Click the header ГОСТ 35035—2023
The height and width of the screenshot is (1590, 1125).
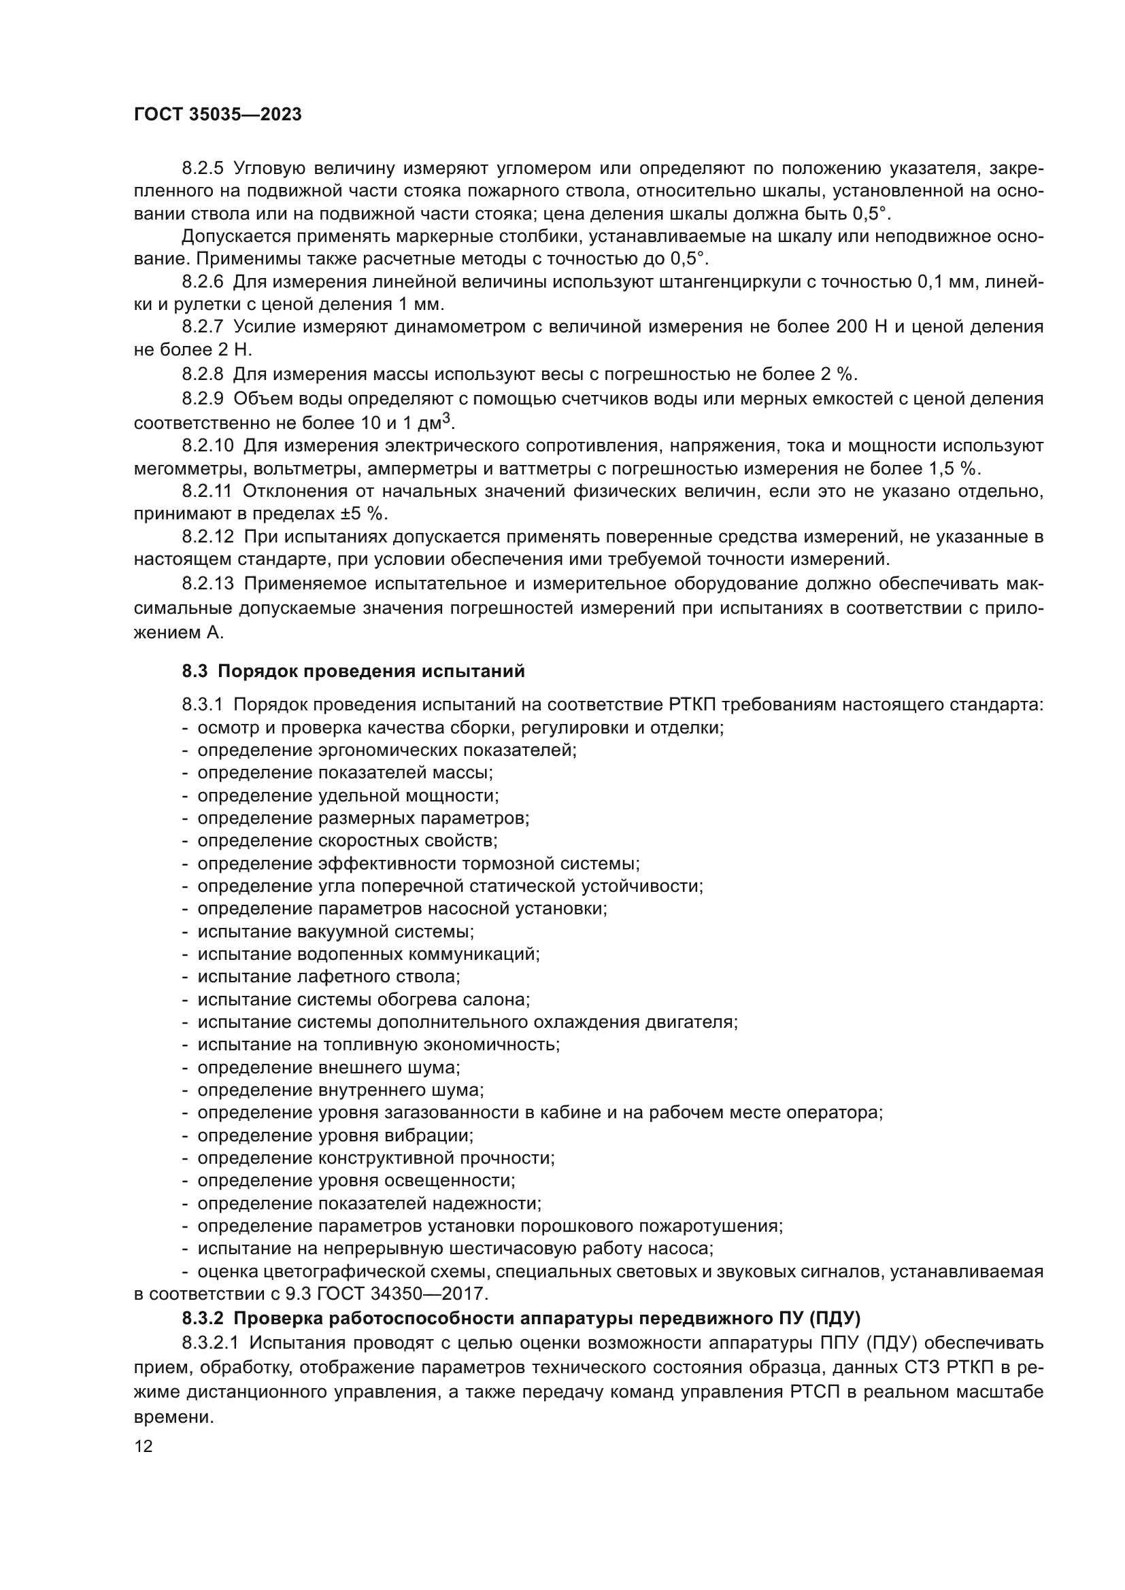[x=218, y=115]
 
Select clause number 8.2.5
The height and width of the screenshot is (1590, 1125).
[x=203, y=169]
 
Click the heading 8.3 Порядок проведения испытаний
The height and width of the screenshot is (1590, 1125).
[x=353, y=671]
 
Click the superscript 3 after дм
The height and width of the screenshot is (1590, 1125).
[x=447, y=417]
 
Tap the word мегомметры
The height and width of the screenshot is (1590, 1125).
[x=182, y=469]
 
